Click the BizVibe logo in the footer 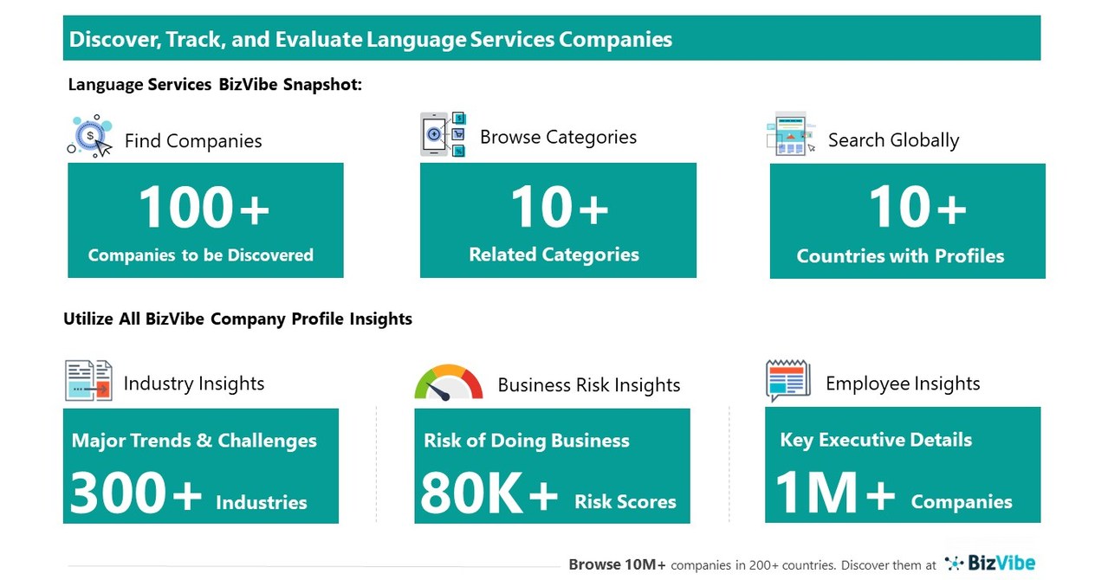pos(990,564)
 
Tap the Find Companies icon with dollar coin pos(90,136)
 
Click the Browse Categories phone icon pos(443,134)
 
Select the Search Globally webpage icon pos(790,134)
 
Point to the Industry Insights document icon pos(88,381)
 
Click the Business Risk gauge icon pos(448,383)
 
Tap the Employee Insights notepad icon pos(787,381)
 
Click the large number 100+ pos(204,209)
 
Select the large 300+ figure pos(135,493)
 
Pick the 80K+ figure pos(489,493)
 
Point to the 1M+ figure pos(834,493)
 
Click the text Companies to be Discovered pos(201,255)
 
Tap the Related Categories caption pos(554,255)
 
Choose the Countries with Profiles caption pos(900,256)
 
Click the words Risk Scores pos(625,502)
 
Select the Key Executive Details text pos(876,440)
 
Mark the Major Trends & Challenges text pos(194,441)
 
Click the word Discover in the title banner pos(109,39)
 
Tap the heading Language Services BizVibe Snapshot pos(215,85)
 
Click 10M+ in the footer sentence pos(642,564)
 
